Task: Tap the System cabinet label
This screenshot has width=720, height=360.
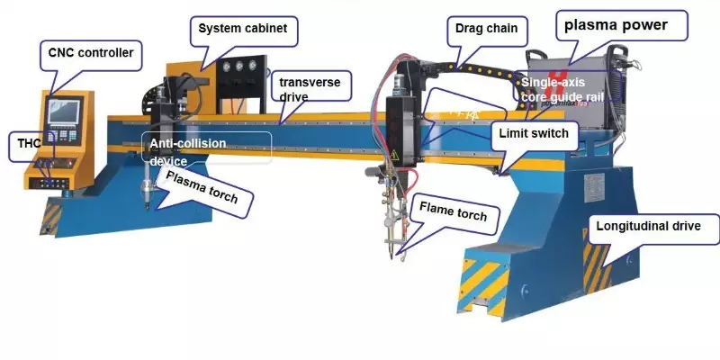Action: click(x=244, y=29)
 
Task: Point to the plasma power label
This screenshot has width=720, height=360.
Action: click(x=616, y=25)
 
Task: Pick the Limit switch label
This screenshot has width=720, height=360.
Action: click(x=535, y=134)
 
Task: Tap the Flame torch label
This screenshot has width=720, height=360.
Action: click(x=454, y=214)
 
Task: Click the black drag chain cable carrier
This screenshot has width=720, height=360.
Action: click(x=477, y=67)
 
